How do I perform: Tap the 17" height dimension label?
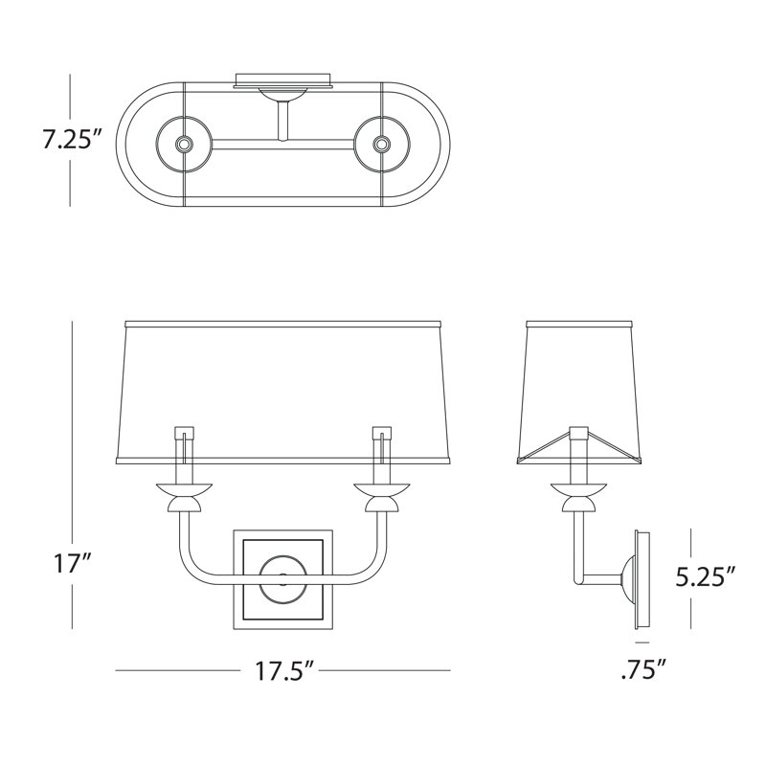[x=71, y=565]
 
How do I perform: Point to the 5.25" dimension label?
[x=706, y=578]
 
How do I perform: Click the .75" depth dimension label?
[x=643, y=668]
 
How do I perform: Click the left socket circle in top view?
[x=184, y=145]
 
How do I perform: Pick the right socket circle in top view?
[x=381, y=145]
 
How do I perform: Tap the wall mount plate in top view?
[x=283, y=80]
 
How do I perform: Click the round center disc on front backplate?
[x=282, y=579]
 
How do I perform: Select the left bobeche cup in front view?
[x=184, y=489]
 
